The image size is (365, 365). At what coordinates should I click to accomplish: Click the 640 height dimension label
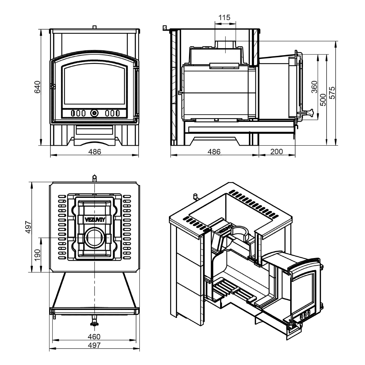pyautogui.click(x=37, y=87)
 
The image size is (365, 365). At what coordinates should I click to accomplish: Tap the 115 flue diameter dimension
pyautogui.click(x=224, y=18)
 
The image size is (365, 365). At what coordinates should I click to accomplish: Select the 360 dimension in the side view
pyautogui.click(x=314, y=87)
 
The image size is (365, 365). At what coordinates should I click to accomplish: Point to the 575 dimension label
pyautogui.click(x=332, y=93)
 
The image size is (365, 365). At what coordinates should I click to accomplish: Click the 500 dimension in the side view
pyautogui.click(x=323, y=100)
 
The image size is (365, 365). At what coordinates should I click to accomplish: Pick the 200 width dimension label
pyautogui.click(x=277, y=151)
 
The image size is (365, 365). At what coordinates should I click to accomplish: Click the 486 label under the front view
pyautogui.click(x=95, y=152)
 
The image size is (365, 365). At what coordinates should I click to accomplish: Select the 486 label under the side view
pyautogui.click(x=214, y=152)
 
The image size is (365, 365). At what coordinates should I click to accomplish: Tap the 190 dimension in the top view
pyautogui.click(x=37, y=255)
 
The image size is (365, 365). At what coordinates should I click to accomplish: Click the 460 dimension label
pyautogui.click(x=94, y=337)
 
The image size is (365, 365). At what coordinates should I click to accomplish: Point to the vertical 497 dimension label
pyautogui.click(x=28, y=227)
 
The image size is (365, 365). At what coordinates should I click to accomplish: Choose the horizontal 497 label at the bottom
pyautogui.click(x=94, y=345)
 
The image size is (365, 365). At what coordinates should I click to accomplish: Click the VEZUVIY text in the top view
pyautogui.click(x=95, y=220)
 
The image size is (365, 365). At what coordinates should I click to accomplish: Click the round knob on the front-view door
pyautogui.click(x=94, y=114)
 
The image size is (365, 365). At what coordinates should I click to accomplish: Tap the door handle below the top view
pyautogui.click(x=94, y=321)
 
